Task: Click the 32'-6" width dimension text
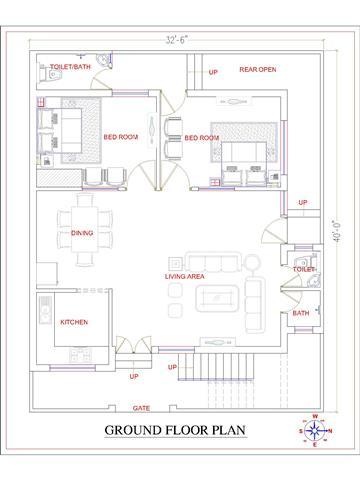point(177,40)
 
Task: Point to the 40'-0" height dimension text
point(338,230)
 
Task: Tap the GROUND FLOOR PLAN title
point(175,430)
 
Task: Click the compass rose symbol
point(315,431)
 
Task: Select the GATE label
point(141,408)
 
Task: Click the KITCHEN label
point(74,322)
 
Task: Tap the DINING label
point(82,233)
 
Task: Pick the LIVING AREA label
point(185,276)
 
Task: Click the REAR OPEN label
point(258,69)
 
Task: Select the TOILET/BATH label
point(70,67)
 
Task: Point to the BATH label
point(301,313)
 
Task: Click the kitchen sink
point(45,309)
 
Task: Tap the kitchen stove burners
point(80,355)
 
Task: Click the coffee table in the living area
point(217,298)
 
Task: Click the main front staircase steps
point(216,367)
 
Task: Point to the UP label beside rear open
point(213,72)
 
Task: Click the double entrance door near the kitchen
point(134,345)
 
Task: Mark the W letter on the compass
point(315,416)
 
